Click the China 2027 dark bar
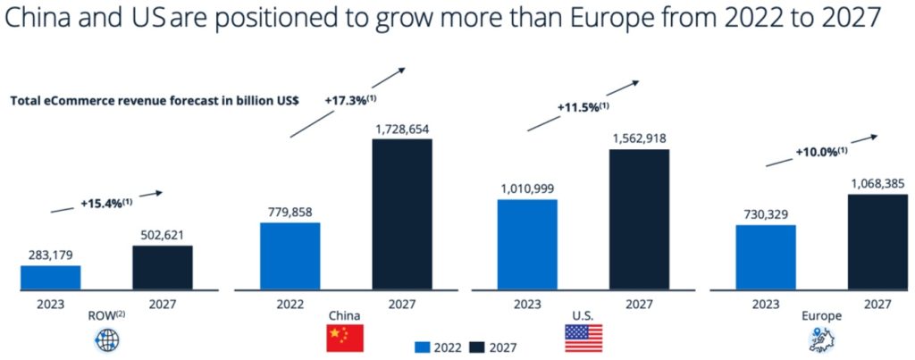pos(402,214)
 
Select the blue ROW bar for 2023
pos(50,278)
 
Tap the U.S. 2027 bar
pos(639,220)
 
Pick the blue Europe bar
pos(765,257)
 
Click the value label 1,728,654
pos(401,130)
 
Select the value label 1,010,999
pos(526,189)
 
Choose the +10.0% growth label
pos(820,152)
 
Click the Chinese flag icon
pos(345,339)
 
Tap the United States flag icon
pos(583,339)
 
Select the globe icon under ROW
pos(105,339)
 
